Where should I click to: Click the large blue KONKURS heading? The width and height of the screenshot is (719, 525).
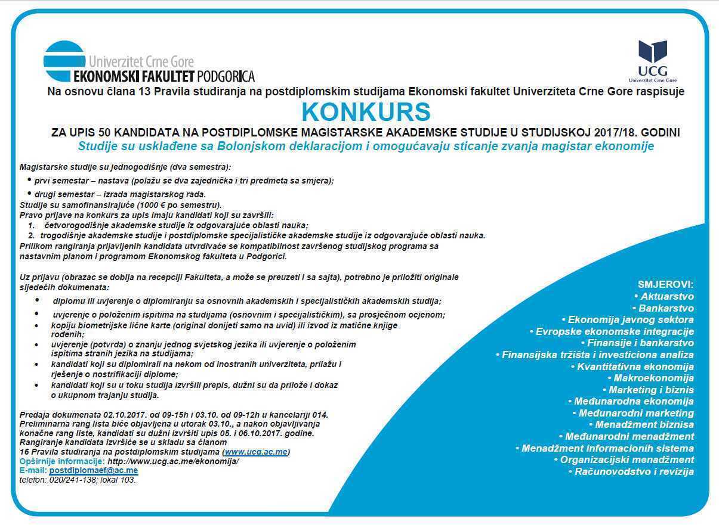tap(366, 112)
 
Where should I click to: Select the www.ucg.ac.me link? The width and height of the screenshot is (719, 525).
tap(256, 452)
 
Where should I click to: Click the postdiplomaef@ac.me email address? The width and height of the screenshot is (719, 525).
tap(94, 470)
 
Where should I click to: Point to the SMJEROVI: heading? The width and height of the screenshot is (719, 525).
tap(665, 284)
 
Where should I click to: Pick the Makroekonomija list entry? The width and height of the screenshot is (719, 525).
tap(653, 378)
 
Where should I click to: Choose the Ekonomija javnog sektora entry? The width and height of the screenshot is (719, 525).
tap(630, 319)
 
